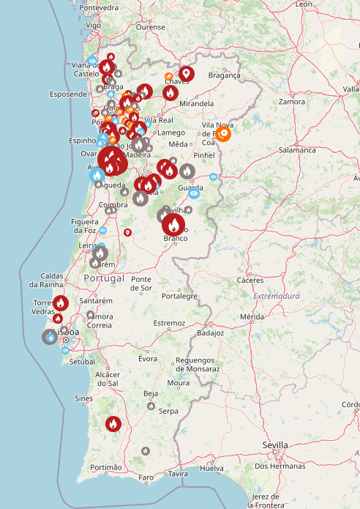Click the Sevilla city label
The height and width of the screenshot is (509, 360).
275,445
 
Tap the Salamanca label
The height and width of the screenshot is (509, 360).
296,149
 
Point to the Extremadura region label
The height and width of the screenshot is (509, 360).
277,296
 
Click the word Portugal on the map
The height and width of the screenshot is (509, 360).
104,279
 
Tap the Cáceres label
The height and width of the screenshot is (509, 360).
250,280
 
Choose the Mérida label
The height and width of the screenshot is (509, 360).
251,316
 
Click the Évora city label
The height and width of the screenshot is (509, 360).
149,358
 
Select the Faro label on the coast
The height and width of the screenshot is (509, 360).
146,478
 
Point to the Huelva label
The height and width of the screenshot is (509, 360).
211,468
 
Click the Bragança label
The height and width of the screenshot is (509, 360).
224,75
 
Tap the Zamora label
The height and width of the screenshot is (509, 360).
291,102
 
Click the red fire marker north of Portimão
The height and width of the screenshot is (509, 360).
113,423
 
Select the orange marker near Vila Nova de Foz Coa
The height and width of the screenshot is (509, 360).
224,133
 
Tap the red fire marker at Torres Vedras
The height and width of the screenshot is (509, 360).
61,302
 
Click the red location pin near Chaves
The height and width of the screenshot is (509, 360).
187,73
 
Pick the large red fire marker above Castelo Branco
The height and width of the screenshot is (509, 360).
173,223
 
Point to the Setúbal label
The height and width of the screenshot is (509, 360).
83,362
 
